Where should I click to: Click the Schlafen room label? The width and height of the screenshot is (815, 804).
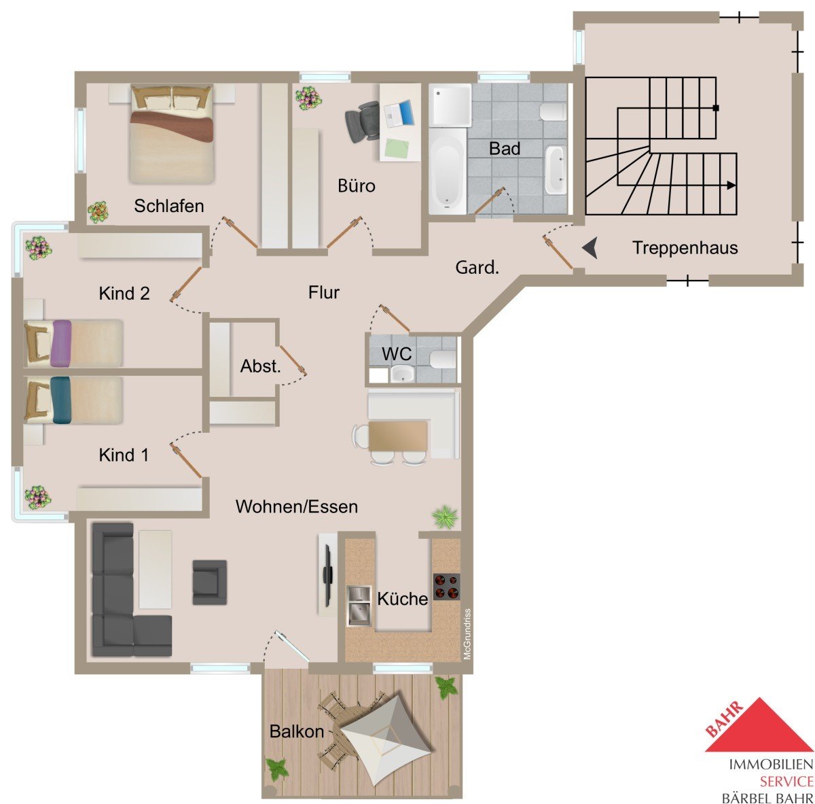pyautogui.click(x=168, y=206)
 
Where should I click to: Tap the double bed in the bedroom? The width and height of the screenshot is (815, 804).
pyautogui.click(x=172, y=134)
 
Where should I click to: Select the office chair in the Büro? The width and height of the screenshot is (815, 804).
pyautogui.click(x=363, y=121)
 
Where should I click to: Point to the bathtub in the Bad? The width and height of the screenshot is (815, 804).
pyautogui.click(x=448, y=171)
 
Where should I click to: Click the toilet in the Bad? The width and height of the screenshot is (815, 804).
pyautogui.click(x=553, y=111)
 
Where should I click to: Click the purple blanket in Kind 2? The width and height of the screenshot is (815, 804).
pyautogui.click(x=61, y=343)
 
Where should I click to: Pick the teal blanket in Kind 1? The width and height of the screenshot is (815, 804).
pyautogui.click(x=61, y=400)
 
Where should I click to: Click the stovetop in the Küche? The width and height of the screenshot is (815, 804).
pyautogui.click(x=446, y=587)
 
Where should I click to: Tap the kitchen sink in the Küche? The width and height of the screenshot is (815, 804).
pyautogui.click(x=359, y=606)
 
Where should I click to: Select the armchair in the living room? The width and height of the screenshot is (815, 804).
pyautogui.click(x=209, y=582)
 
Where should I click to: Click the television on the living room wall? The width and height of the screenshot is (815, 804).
pyautogui.click(x=327, y=576)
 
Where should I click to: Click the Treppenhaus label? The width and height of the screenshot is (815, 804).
pyautogui.click(x=685, y=247)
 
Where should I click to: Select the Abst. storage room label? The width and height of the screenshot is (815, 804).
pyautogui.click(x=261, y=366)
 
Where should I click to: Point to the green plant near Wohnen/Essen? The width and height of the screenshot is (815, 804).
pyautogui.click(x=444, y=517)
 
